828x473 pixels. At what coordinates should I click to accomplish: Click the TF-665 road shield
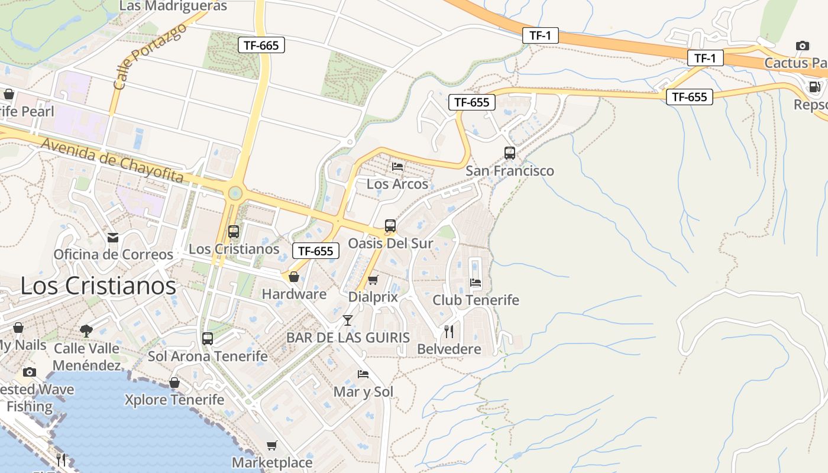261,45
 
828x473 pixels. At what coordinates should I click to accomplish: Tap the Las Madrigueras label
173,6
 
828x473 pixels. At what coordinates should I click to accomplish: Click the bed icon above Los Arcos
397,167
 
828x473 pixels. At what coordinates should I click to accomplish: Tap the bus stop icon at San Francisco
510,153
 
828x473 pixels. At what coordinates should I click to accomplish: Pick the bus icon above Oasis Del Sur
390,226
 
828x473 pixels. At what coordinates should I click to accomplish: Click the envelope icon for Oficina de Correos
113,237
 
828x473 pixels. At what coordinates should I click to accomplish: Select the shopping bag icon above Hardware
293,277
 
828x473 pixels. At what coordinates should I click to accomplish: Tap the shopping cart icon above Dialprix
373,280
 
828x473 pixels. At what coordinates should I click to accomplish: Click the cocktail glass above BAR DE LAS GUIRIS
348,320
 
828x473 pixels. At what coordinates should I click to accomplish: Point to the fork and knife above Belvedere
449,332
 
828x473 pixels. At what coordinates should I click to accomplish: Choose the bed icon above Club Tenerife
476,283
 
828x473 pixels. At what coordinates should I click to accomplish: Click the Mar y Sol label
363,392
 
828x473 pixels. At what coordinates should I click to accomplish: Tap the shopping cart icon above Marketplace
271,445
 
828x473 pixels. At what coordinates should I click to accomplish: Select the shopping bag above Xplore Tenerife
174,383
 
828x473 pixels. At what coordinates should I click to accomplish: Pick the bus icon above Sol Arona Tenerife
208,339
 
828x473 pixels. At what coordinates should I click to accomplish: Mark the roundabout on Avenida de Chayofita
235,193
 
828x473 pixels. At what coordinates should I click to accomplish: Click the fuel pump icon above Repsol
815,87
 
